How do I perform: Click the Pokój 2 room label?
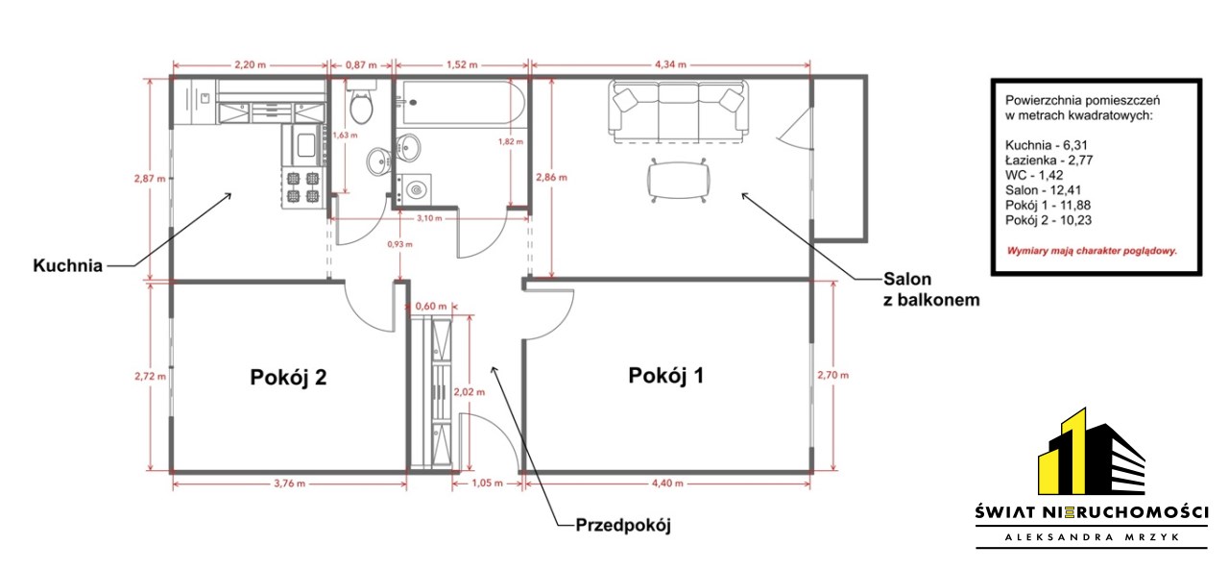click(288, 377)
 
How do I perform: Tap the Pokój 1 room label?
click(665, 376)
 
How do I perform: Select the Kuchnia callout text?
click(67, 266)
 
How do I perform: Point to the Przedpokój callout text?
click(623, 526)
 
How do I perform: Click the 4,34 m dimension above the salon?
click(670, 64)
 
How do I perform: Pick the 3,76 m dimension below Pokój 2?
click(289, 483)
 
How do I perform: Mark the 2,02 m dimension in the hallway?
click(470, 392)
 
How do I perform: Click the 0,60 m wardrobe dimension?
click(431, 306)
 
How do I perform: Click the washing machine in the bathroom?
click(414, 190)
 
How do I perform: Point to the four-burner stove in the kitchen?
click(302, 187)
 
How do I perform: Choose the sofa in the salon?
click(678, 112)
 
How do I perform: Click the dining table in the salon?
click(678, 181)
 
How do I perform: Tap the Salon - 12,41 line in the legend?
click(1043, 190)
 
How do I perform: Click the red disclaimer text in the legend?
click(1092, 251)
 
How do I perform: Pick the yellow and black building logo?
click(1092, 452)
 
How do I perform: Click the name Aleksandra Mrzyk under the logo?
click(1092, 537)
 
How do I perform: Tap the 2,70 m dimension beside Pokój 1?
click(832, 375)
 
